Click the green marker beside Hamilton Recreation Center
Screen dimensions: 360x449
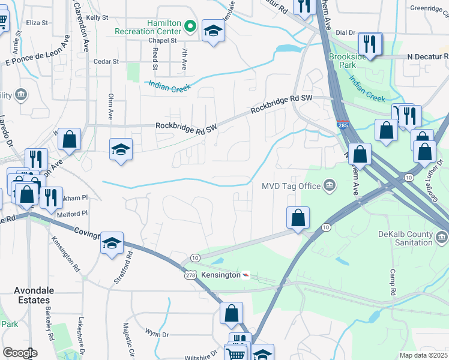(x=190, y=26)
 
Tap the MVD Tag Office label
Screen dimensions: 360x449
(x=291, y=186)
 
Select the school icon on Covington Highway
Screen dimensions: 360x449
(x=112, y=243)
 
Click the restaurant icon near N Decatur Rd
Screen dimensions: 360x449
(x=368, y=44)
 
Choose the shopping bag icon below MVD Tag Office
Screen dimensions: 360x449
(x=298, y=218)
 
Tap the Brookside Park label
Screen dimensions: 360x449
(x=348, y=61)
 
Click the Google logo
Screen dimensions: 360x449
(x=20, y=353)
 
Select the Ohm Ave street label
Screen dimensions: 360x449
(x=110, y=104)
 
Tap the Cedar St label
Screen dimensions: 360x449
(x=106, y=61)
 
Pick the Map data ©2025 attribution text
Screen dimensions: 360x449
(x=423, y=355)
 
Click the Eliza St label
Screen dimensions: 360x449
(x=37, y=23)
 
